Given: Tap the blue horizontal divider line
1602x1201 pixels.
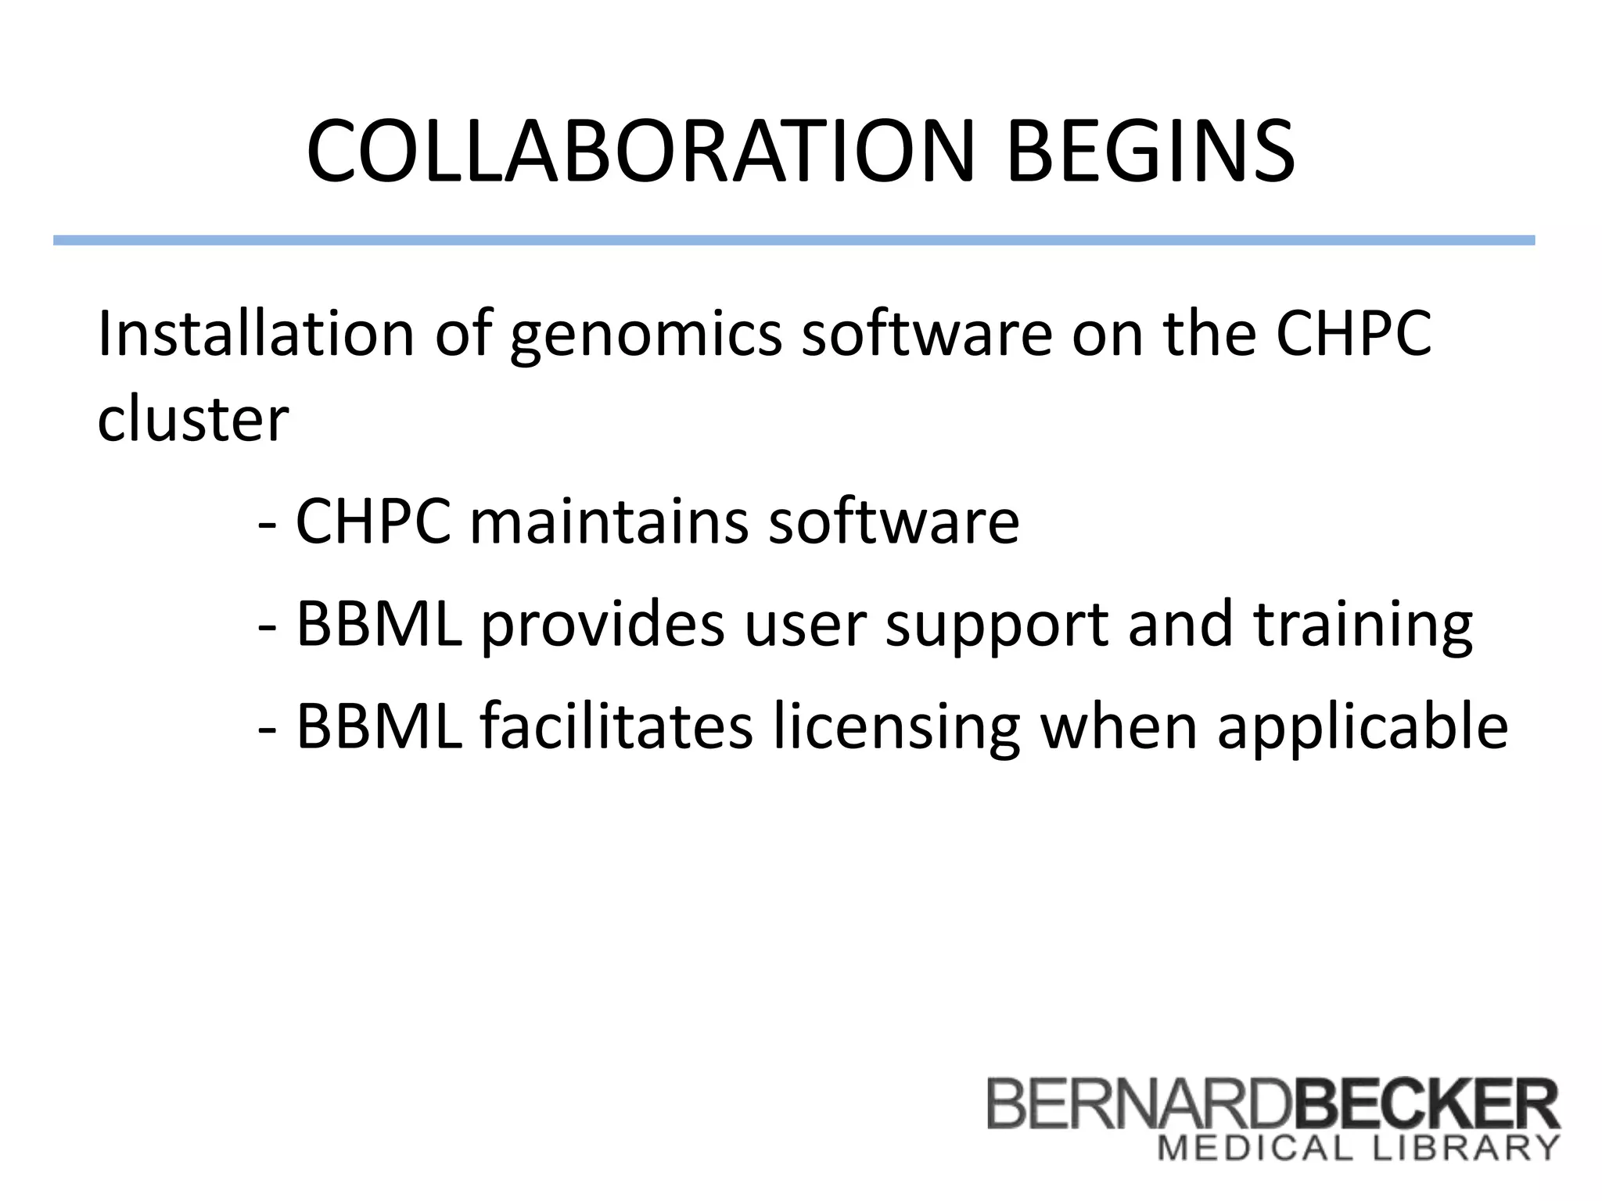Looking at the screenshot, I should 793,241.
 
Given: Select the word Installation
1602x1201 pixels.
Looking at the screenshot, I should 256,334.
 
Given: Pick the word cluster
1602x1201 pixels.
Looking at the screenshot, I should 192,419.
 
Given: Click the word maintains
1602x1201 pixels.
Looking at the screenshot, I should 609,522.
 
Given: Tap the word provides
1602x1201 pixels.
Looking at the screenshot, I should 602,626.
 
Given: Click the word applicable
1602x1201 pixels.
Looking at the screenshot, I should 1363,727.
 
